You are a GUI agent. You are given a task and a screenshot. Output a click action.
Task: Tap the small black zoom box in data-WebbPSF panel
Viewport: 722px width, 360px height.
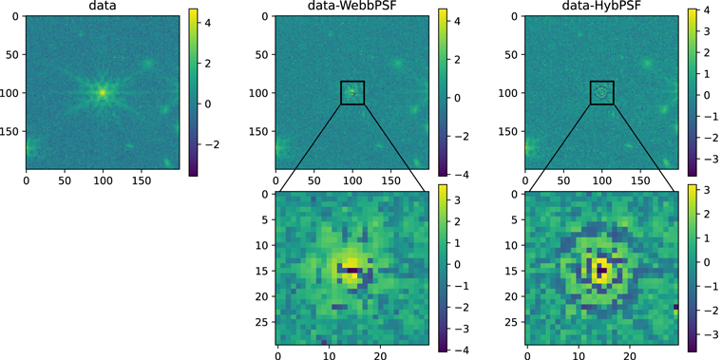pos(351,93)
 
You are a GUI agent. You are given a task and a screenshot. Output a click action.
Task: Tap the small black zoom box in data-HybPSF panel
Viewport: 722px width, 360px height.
pos(601,93)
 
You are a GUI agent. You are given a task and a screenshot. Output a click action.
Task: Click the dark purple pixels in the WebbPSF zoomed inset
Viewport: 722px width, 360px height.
pos(353,270)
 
